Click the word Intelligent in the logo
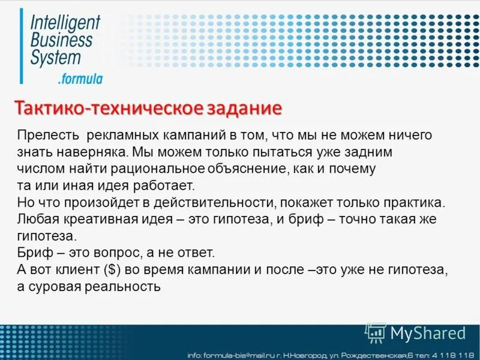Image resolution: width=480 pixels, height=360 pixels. coord(65,22)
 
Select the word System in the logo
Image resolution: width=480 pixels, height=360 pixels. coord(55,58)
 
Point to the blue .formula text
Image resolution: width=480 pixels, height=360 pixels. coord(80,79)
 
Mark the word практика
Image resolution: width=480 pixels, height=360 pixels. coord(415,202)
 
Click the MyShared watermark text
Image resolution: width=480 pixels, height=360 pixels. coord(427,333)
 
